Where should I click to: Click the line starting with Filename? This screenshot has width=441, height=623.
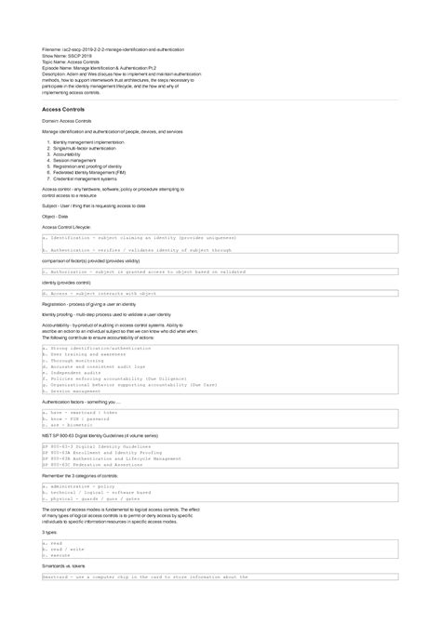[x=113, y=48]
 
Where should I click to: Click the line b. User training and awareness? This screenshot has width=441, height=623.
[x=89, y=354]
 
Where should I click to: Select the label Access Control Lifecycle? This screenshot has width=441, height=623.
[x=67, y=227]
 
